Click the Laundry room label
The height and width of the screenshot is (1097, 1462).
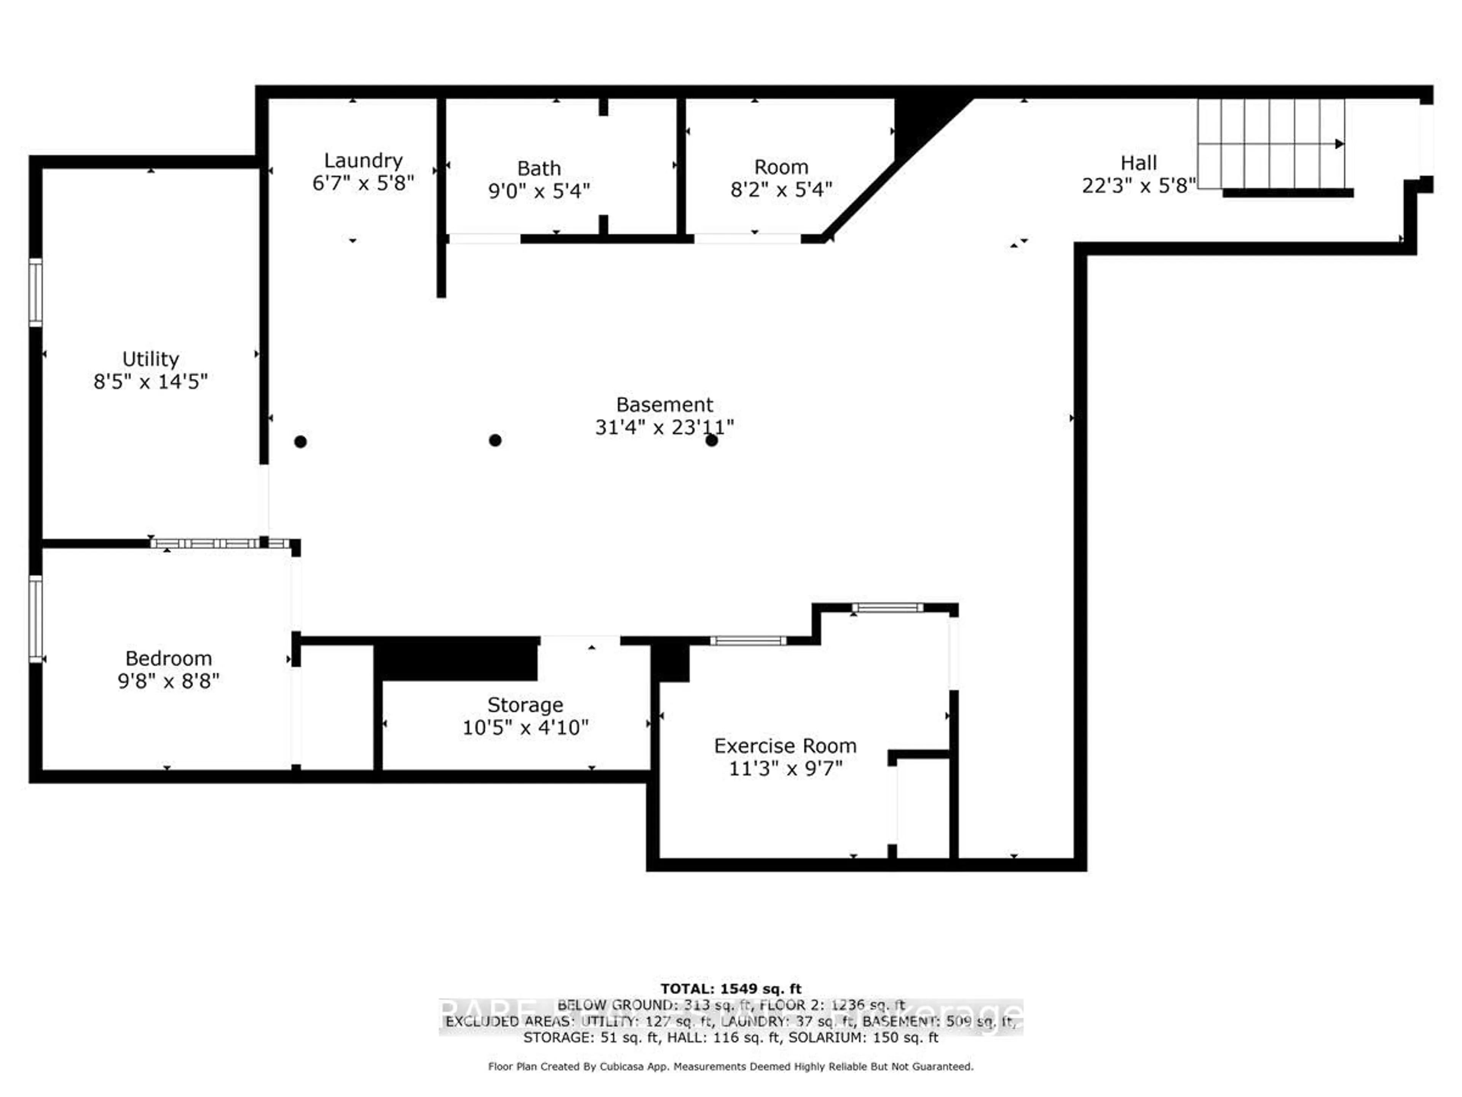(x=363, y=161)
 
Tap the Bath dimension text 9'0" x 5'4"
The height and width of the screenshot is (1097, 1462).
(x=539, y=191)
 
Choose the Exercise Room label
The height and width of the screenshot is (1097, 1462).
(x=785, y=746)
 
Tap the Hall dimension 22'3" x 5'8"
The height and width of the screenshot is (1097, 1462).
(x=1138, y=186)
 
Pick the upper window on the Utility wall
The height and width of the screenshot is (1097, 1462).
(x=36, y=292)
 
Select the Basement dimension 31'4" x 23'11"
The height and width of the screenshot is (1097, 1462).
(x=664, y=427)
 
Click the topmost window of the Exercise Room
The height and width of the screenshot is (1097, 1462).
(x=887, y=608)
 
